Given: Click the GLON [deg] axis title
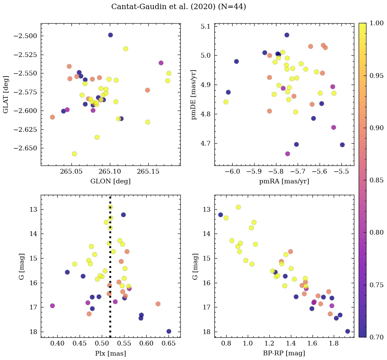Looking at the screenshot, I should pyautogui.click(x=110, y=181).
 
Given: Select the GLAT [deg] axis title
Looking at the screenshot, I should pyautogui.click(x=6, y=94).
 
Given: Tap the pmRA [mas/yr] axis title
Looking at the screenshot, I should pyautogui.click(x=284, y=181).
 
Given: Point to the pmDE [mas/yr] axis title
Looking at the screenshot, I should pyautogui.click(x=194, y=94).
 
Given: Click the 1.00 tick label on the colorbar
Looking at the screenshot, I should pyautogui.click(x=377, y=23).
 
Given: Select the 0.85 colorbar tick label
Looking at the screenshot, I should pyautogui.click(x=377, y=180).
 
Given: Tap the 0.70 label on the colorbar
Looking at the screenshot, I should pyautogui.click(x=377, y=337).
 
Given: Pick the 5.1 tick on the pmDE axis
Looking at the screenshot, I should pyautogui.click(x=206, y=26).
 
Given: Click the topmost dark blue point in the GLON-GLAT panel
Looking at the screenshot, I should pyautogui.click(x=110, y=35).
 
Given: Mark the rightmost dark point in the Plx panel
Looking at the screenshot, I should pyautogui.click(x=169, y=331).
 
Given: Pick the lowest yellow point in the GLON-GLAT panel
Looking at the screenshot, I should pyautogui.click(x=74, y=154).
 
